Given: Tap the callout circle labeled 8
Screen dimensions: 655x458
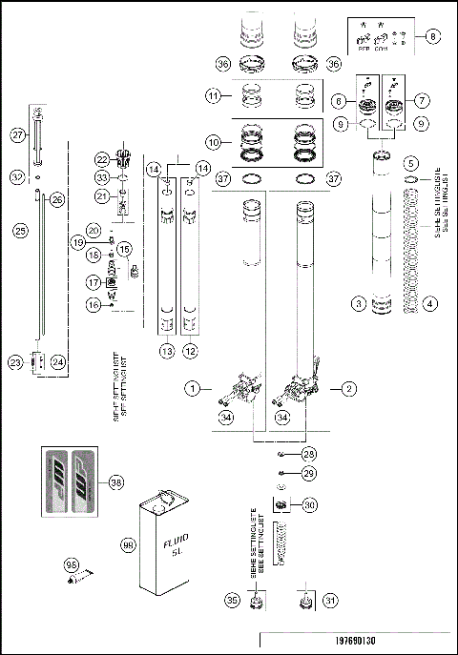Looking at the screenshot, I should (x=434, y=37).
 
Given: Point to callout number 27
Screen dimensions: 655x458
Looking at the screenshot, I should (x=17, y=136).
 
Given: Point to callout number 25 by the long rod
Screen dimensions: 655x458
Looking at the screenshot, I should (x=17, y=230).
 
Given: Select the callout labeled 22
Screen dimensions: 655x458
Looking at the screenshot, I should (x=102, y=158).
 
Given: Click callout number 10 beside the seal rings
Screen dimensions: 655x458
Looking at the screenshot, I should (x=216, y=141).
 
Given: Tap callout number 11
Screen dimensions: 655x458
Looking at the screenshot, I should (x=216, y=95).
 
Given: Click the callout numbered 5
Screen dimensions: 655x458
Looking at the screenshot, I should (x=410, y=163).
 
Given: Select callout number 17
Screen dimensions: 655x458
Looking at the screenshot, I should (x=94, y=282).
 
